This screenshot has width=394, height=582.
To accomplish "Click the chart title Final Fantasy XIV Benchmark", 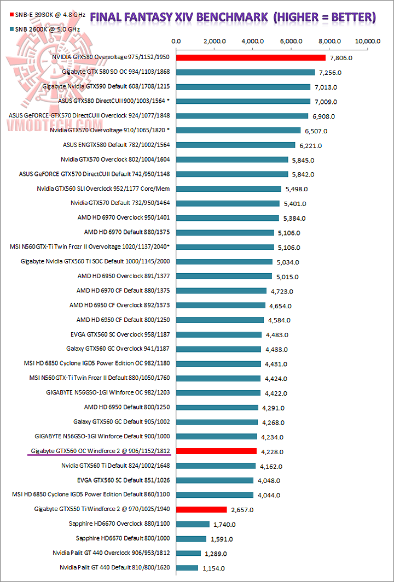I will click(233, 17).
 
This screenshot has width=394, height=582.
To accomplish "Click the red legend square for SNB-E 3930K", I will click(4, 13).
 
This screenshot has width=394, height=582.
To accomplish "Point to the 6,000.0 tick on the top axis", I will click(291, 41).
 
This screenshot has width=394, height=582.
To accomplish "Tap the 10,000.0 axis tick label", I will click(367, 41).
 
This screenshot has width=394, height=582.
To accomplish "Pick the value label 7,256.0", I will click(331, 73).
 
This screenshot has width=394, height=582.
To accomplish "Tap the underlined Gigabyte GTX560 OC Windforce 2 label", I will click(99, 451).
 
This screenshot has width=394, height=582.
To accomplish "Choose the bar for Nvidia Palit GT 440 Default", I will click(187, 568).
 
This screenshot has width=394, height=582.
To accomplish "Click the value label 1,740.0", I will click(224, 524).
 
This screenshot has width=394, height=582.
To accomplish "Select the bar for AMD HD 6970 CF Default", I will click(221, 291).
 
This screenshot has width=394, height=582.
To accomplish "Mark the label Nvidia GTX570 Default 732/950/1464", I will click(120, 203).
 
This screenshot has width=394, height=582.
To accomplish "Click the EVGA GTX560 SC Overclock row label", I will click(120, 334).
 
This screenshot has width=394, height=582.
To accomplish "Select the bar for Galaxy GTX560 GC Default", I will click(217, 422).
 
